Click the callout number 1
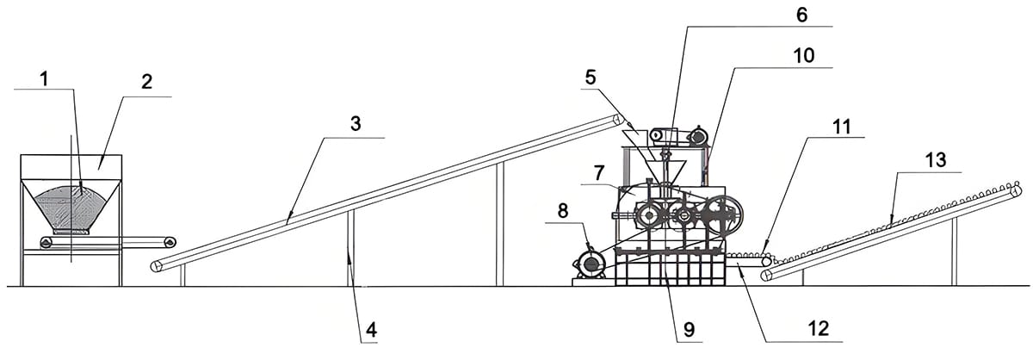tap(44, 78)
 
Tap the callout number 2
tap(146, 83)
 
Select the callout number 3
tap(356, 123)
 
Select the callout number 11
tap(841, 127)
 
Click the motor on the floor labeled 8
tap(591, 264)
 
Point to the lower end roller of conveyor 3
tap(156, 266)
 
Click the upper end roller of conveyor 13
tap(1017, 189)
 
